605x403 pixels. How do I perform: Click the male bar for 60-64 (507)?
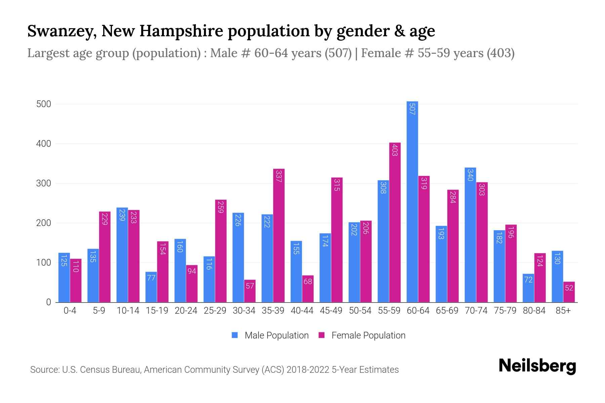pyautogui.click(x=412, y=201)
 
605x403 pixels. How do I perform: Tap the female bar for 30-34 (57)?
pyautogui.click(x=250, y=291)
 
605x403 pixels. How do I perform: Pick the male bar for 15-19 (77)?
pyautogui.click(x=151, y=287)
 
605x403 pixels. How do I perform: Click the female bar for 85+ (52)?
pyautogui.click(x=569, y=292)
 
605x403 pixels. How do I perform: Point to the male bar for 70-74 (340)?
pyautogui.click(x=470, y=235)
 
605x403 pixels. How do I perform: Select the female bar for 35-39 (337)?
pyautogui.click(x=279, y=235)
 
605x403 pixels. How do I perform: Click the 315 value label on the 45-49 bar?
pyautogui.click(x=337, y=185)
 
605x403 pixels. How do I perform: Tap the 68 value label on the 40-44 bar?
pyautogui.click(x=308, y=281)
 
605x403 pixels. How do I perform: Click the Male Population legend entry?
pyautogui.click(x=270, y=335)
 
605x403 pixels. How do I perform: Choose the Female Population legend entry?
pyautogui.click(x=362, y=335)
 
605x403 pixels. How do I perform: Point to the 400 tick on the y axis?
pyautogui.click(x=44, y=144)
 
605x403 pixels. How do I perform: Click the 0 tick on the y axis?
pyautogui.click(x=48, y=302)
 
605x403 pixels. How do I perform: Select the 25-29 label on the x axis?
pyautogui.click(x=215, y=311)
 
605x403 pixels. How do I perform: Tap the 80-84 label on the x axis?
pyautogui.click(x=534, y=311)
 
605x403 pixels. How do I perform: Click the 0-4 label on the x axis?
pyautogui.click(x=70, y=311)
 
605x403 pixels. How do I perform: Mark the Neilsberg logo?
pyautogui.click(x=537, y=366)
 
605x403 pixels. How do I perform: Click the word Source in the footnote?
pyautogui.click(x=44, y=370)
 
